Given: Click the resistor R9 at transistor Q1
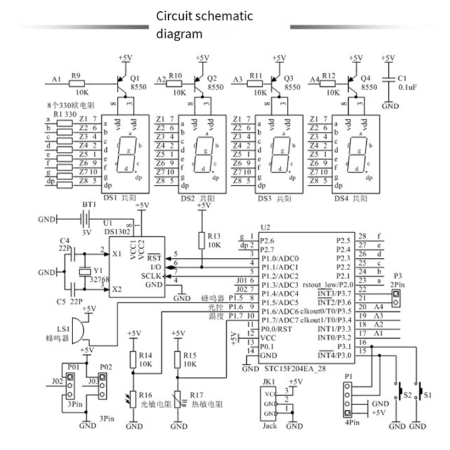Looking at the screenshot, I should click(77, 81).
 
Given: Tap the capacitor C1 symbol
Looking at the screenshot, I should click(391, 79).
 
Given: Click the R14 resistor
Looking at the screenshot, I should click(132, 359).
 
